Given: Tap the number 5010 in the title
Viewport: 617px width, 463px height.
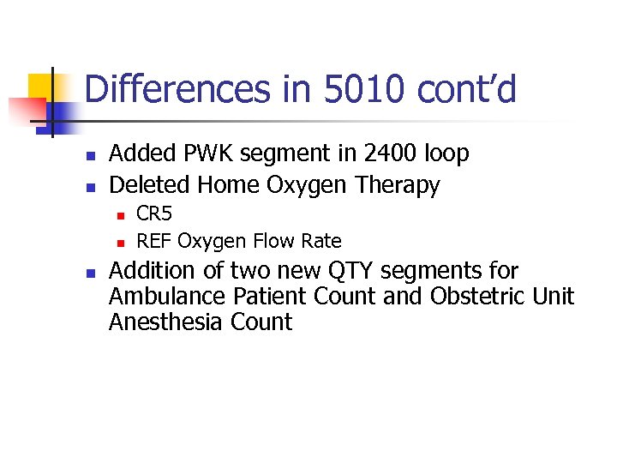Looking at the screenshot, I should pyautogui.click(x=342, y=89).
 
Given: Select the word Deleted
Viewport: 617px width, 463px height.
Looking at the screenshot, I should pyautogui.click(x=151, y=184).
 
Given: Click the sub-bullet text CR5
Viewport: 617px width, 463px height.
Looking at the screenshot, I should pyautogui.click(x=154, y=213).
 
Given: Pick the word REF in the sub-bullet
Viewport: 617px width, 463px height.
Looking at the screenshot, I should pyautogui.click(x=154, y=242).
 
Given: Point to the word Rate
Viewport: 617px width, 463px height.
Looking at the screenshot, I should pyautogui.click(x=321, y=242).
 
